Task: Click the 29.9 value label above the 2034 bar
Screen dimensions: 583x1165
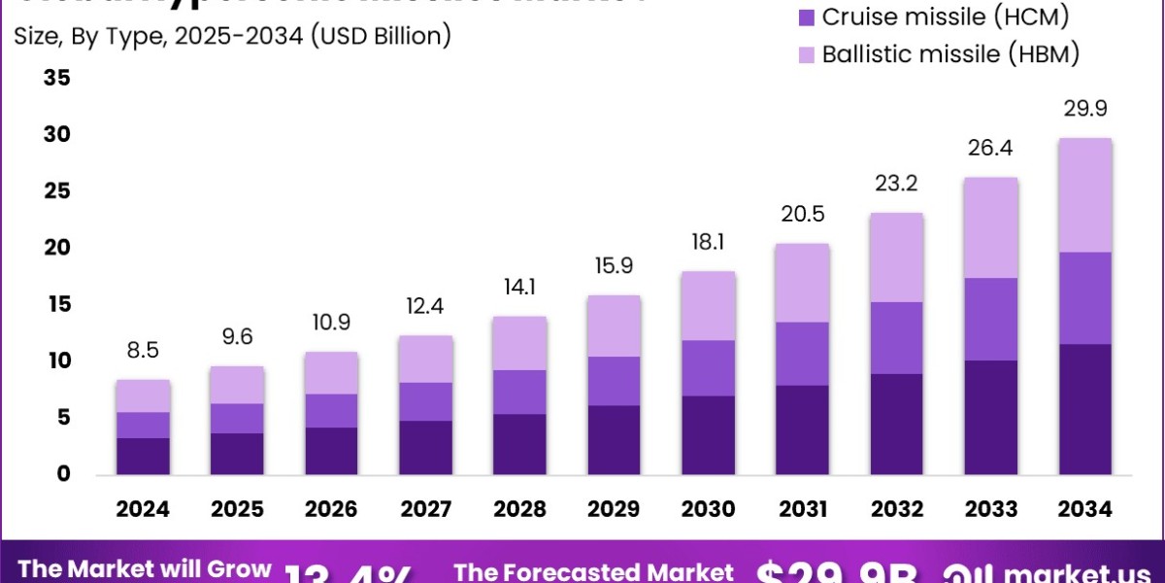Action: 1086,108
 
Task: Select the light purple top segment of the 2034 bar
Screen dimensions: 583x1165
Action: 1085,194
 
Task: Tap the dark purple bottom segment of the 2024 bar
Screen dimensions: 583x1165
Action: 144,456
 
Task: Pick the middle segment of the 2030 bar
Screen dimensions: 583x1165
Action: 709,367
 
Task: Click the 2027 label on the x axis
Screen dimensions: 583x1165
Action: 426,509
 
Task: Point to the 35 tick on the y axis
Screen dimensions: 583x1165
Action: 56,78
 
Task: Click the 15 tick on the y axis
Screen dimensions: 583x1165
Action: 56,305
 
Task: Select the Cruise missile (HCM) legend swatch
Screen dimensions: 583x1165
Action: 806,17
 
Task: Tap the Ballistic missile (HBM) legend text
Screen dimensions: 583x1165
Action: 950,54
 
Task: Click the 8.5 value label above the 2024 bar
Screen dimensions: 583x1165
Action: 144,350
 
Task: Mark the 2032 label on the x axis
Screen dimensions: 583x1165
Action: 897,509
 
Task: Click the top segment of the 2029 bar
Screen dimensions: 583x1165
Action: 615,326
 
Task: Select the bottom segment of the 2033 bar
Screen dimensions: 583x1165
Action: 991,417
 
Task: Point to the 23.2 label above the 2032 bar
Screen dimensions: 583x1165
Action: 897,184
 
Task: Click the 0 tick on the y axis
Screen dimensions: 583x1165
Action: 63,475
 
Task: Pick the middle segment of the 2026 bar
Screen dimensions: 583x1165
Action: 332,410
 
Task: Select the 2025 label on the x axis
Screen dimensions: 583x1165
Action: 238,509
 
